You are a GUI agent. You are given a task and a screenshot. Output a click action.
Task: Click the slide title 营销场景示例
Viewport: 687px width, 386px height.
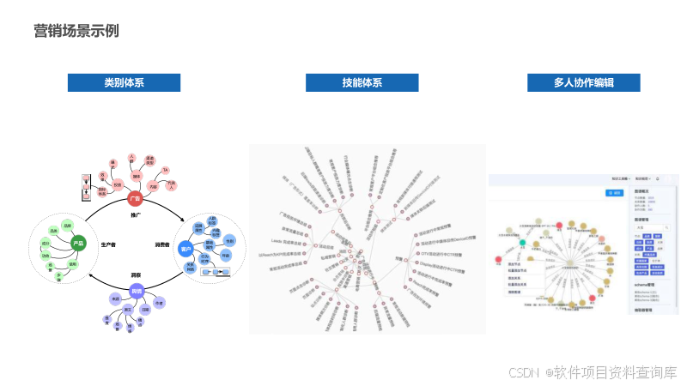point(76,31)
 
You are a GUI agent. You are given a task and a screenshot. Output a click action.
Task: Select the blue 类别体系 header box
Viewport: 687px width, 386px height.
point(124,83)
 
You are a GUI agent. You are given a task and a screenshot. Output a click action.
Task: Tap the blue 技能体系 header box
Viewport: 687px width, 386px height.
point(362,83)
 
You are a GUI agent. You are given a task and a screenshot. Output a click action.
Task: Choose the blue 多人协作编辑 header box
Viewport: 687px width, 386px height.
point(584,83)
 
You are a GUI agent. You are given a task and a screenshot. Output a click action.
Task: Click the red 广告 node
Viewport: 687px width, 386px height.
point(134,198)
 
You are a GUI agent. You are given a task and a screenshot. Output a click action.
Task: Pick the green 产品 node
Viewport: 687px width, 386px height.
point(78,244)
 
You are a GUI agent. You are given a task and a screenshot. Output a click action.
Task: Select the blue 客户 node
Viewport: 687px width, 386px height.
point(185,249)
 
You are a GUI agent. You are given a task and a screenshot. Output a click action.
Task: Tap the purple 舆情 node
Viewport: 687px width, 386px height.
point(135,292)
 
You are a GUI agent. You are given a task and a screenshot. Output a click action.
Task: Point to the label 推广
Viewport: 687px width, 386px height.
point(135,215)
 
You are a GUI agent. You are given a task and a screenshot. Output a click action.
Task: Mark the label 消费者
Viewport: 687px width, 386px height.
point(162,244)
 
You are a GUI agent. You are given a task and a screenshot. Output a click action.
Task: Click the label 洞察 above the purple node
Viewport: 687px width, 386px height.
point(135,274)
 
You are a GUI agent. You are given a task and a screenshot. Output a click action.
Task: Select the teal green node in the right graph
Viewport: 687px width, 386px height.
point(523,244)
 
